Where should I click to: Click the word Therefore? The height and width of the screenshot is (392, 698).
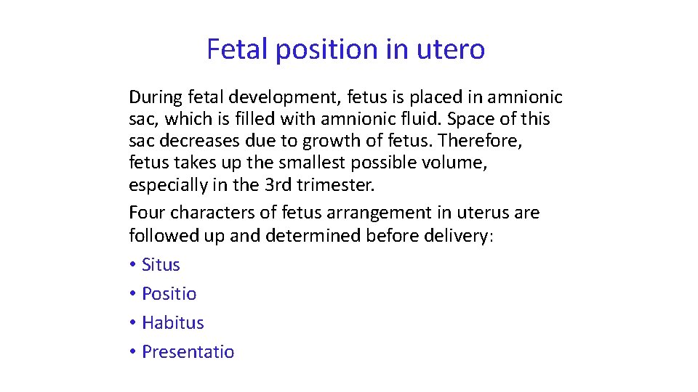490,141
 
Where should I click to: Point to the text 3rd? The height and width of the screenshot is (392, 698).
278,184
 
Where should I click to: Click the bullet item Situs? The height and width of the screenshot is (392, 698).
161,265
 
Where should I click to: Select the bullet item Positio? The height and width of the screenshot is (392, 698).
169,294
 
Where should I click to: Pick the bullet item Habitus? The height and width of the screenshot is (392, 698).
173,323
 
